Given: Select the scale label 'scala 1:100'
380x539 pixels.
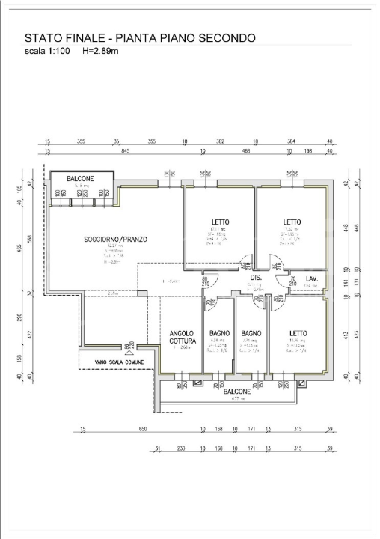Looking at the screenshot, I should tap(47, 51).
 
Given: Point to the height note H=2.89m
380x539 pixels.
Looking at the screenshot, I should tap(100, 51).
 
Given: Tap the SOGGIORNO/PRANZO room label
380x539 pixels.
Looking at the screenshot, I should tap(115, 240).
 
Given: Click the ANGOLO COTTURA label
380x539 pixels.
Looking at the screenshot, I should tap(182, 337).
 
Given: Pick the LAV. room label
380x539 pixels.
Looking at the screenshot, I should tap(313, 279).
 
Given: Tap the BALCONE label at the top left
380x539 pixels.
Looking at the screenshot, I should tap(80, 178).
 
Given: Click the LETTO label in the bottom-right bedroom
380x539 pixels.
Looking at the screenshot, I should tap(298, 333).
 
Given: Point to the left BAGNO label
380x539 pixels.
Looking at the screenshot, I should tap(219, 333).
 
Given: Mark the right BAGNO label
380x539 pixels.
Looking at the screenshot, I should tap(251, 333).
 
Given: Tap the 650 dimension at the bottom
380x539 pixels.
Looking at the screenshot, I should tap(143, 430).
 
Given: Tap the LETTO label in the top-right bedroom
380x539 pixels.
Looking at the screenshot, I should tap(292, 222).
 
